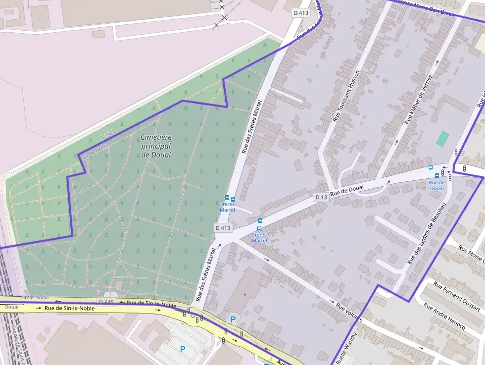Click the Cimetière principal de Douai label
point(156,146)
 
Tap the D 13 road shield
point(321,197)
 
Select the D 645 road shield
point(106,302)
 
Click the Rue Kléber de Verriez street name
point(419,100)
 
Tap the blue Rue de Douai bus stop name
point(436,185)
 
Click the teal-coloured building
point(442,138)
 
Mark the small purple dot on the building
point(244,294)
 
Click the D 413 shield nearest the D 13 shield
point(223,228)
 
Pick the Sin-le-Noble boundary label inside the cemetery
point(95,151)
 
